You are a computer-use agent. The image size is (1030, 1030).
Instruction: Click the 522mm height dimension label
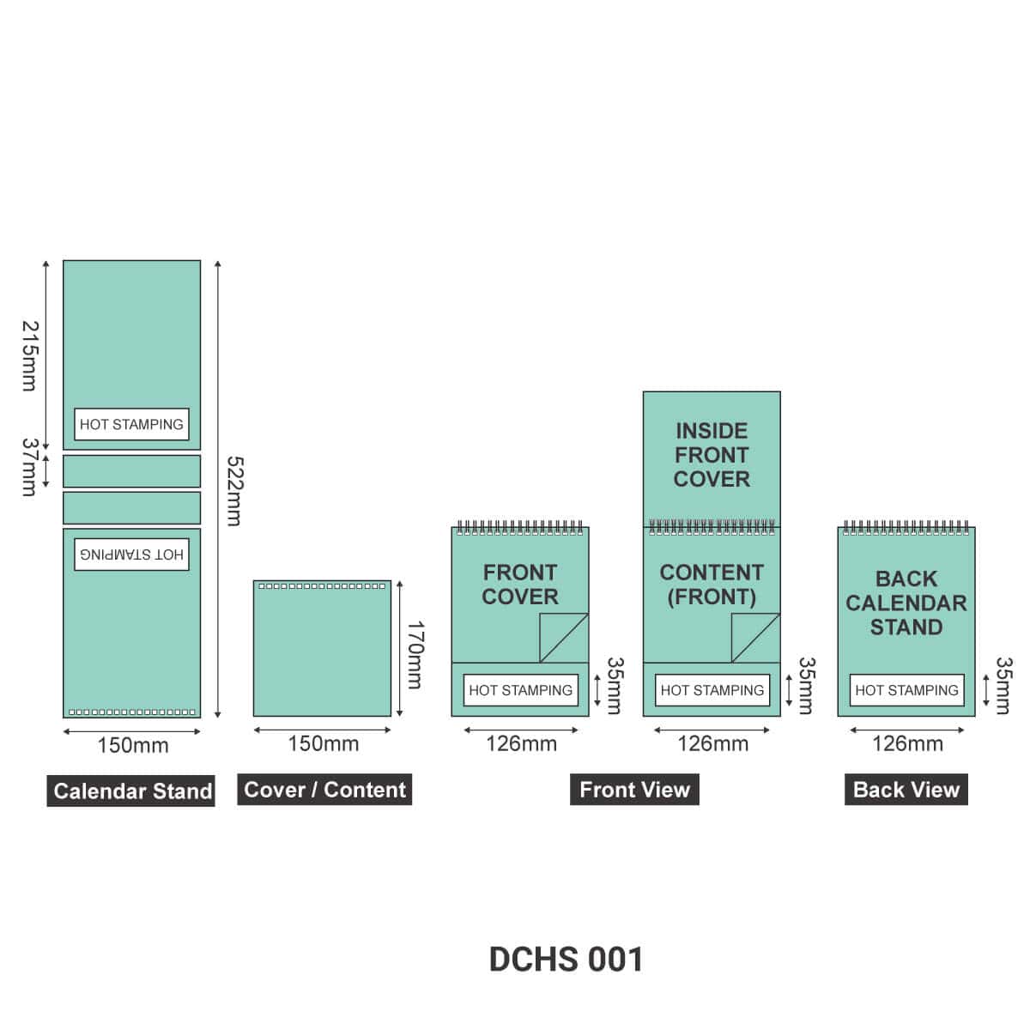pos(234,491)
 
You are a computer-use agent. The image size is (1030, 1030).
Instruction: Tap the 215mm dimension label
pos(30,355)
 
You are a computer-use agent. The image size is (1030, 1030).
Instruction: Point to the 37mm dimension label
pos(30,467)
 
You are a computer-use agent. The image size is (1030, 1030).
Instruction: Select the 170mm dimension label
pos(415,655)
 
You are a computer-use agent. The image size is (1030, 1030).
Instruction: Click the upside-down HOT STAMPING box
pos(131,554)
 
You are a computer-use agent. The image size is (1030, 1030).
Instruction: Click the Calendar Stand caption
pos(131,791)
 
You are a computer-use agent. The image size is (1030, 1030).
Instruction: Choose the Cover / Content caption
pos(324,790)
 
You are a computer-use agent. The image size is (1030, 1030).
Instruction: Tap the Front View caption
pos(634,790)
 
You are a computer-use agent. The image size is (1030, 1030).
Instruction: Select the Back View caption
pos(906,790)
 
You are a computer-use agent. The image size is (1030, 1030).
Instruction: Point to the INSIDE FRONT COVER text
pos(712,455)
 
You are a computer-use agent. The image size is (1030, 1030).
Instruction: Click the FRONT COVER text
pos(520,585)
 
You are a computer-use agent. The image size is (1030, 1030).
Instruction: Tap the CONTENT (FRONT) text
pos(712,585)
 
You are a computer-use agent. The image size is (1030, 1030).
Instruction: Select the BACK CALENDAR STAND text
pos(906,603)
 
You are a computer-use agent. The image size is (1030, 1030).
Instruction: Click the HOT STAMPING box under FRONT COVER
pos(521,690)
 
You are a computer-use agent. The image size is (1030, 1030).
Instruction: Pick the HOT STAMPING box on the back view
pos(906,690)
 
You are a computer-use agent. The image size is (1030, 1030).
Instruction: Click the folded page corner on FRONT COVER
pos(564,638)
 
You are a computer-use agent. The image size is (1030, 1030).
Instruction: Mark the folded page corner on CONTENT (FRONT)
pos(756,638)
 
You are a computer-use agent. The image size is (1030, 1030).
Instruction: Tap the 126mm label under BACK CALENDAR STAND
pos(907,743)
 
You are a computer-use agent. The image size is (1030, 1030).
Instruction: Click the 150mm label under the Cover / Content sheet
pos(324,743)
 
